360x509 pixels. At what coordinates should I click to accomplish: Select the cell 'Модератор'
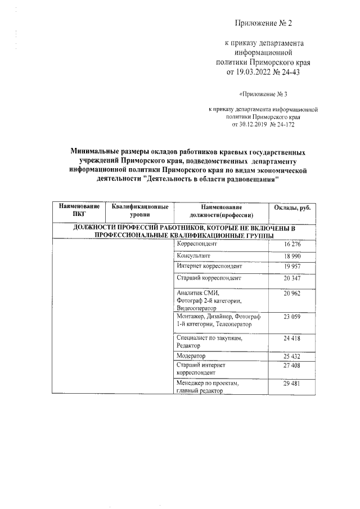[191, 357]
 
